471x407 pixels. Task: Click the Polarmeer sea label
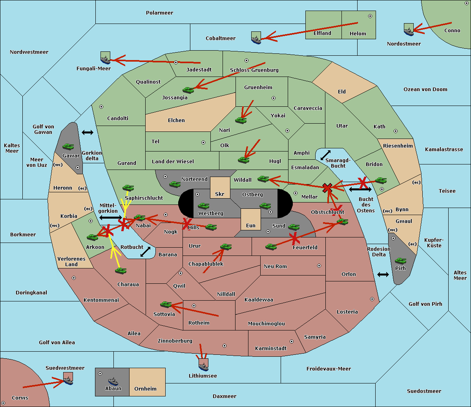click(x=159, y=13)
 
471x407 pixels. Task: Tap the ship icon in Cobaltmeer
click(x=256, y=38)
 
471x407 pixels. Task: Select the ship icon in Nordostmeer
click(x=409, y=30)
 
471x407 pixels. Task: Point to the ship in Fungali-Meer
click(x=105, y=58)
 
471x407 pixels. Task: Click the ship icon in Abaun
click(x=113, y=381)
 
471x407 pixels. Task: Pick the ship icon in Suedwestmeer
click(x=68, y=380)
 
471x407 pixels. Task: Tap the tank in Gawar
click(x=68, y=147)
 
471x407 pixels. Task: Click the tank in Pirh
click(x=400, y=261)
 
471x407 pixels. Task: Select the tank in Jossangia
click(x=188, y=90)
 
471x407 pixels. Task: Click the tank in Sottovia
click(x=166, y=304)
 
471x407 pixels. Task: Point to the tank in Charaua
click(x=121, y=270)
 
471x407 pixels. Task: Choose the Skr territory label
click(x=220, y=194)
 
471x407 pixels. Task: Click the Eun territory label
click(x=251, y=225)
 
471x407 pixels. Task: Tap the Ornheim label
click(x=145, y=389)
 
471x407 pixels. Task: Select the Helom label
click(x=358, y=34)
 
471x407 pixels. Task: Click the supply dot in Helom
click(x=370, y=16)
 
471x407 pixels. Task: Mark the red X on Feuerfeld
click(x=294, y=238)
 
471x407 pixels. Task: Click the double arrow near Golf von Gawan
click(x=88, y=132)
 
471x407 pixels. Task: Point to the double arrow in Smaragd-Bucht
click(x=326, y=155)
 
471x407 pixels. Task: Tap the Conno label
click(x=452, y=30)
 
